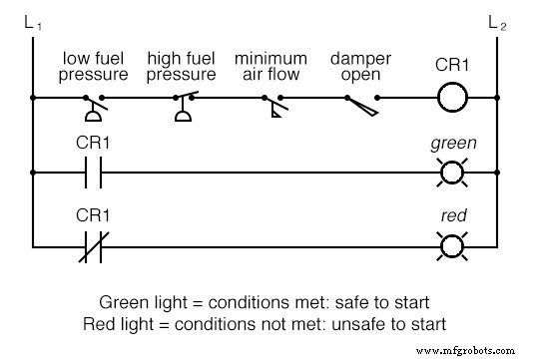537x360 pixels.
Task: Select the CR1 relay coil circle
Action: (x=453, y=99)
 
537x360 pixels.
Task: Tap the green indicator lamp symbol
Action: (x=453, y=173)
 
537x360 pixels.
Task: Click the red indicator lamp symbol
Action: (x=453, y=244)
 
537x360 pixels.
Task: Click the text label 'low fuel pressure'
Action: (x=95, y=67)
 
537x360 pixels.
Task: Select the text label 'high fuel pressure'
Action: (x=181, y=67)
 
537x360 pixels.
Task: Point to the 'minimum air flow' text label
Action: (x=270, y=67)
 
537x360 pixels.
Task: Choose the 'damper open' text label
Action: (x=362, y=67)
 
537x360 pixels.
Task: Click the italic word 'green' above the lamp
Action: (x=453, y=143)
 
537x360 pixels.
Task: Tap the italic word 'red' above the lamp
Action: (x=453, y=214)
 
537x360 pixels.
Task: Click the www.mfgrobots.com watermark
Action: (x=473, y=350)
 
